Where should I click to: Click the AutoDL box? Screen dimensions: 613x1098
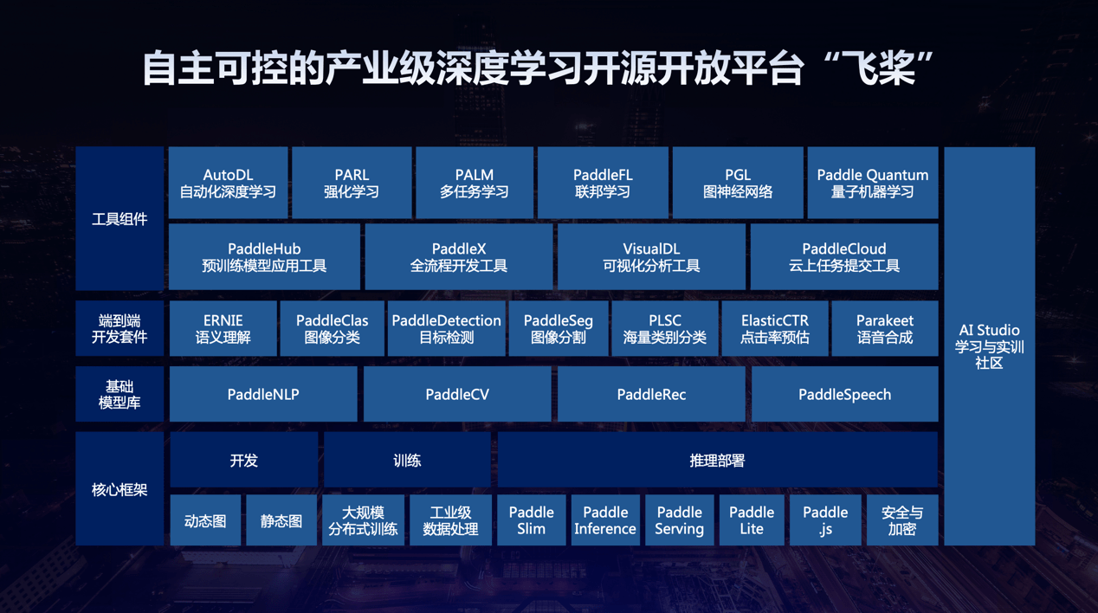(x=228, y=183)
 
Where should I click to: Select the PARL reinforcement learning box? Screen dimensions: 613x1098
(x=352, y=183)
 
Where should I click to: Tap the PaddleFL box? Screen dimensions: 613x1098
(x=603, y=183)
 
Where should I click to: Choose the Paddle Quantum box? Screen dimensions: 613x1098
(x=872, y=183)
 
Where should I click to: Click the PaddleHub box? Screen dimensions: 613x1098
(x=264, y=257)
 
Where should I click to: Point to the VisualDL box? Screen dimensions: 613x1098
(x=651, y=257)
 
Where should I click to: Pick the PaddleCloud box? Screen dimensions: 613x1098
(x=844, y=257)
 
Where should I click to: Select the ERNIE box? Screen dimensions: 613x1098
(x=223, y=329)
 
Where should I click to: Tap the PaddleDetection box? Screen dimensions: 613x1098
(x=446, y=329)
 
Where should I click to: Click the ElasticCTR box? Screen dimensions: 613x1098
(x=774, y=329)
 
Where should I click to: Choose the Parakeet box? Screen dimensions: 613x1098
(x=885, y=329)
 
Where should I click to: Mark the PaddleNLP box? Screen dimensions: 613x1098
(x=263, y=395)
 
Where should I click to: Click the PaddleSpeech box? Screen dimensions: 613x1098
(x=844, y=395)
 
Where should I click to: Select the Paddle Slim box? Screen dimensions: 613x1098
(x=531, y=520)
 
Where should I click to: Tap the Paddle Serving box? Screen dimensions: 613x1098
(x=679, y=520)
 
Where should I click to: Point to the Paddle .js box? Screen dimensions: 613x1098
(x=825, y=520)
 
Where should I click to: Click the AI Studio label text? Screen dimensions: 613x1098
(x=989, y=331)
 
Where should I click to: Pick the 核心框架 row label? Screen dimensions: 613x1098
(x=119, y=490)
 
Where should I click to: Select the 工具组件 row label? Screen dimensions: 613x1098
(x=119, y=219)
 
